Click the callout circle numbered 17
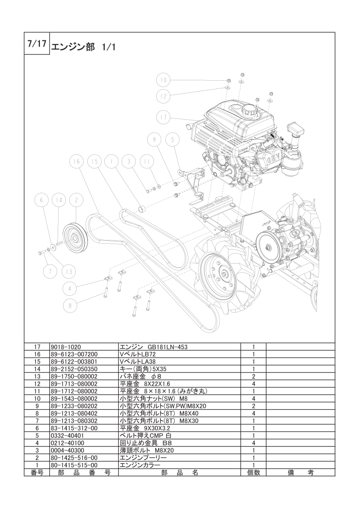click(163, 117)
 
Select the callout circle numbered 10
click(163, 80)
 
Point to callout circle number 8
click(70, 305)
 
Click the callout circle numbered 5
click(173, 140)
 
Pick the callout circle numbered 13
click(69, 271)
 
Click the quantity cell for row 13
click(253, 377)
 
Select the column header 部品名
click(179, 473)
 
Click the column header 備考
click(301, 473)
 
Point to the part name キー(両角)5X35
click(143, 369)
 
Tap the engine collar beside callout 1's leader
click(141, 208)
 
